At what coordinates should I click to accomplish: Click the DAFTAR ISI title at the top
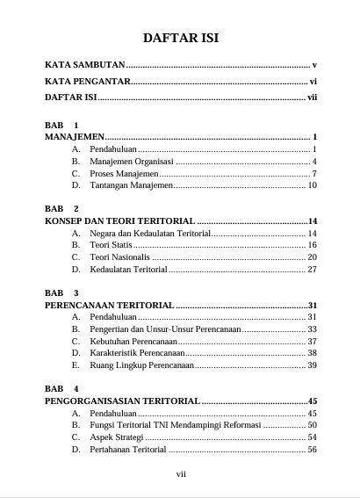click(180, 38)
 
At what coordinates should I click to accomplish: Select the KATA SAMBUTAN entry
click(85, 66)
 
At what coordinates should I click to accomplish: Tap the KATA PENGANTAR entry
click(87, 82)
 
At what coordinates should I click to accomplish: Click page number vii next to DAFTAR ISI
click(311, 97)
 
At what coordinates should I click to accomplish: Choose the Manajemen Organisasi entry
click(132, 162)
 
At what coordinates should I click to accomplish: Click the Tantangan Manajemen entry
click(131, 185)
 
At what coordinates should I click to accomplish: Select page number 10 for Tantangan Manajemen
click(312, 185)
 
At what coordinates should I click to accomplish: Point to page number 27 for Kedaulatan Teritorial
click(312, 270)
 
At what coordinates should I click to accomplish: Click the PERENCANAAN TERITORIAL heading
click(109, 305)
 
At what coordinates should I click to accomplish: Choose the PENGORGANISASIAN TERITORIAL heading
click(122, 401)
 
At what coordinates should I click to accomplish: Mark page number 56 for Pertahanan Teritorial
click(312, 449)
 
